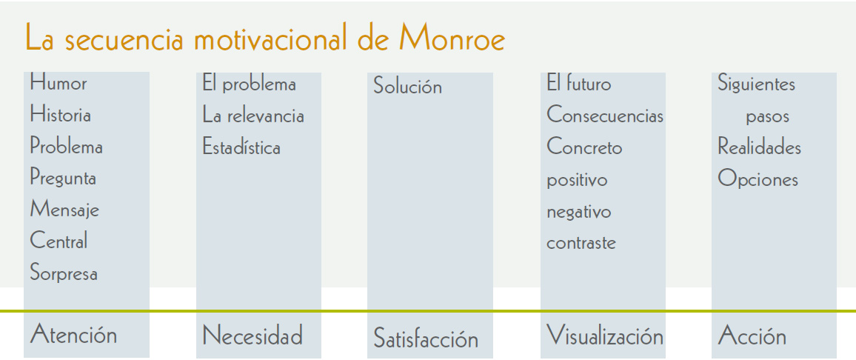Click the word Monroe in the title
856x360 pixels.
coord(452,39)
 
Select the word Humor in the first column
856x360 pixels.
coord(58,83)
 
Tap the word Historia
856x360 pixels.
coord(61,115)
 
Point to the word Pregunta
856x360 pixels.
coord(64,179)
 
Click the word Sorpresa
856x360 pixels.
coord(64,273)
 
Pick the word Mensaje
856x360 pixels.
coord(64,210)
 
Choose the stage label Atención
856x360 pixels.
coord(74,334)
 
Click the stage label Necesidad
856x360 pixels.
coord(253,335)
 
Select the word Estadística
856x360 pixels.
coord(241,147)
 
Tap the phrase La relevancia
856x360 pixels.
coord(253,116)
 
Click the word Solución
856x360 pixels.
coord(408,87)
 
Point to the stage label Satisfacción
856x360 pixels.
coord(426,339)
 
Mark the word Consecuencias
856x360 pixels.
coord(605,116)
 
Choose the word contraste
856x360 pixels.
coord(581,242)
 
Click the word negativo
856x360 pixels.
coord(578,211)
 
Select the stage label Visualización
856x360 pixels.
coord(605,335)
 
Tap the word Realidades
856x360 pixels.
coord(760,147)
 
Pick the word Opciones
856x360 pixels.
coord(758,179)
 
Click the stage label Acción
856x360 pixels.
coord(752,335)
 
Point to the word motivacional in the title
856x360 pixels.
coord(271,39)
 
